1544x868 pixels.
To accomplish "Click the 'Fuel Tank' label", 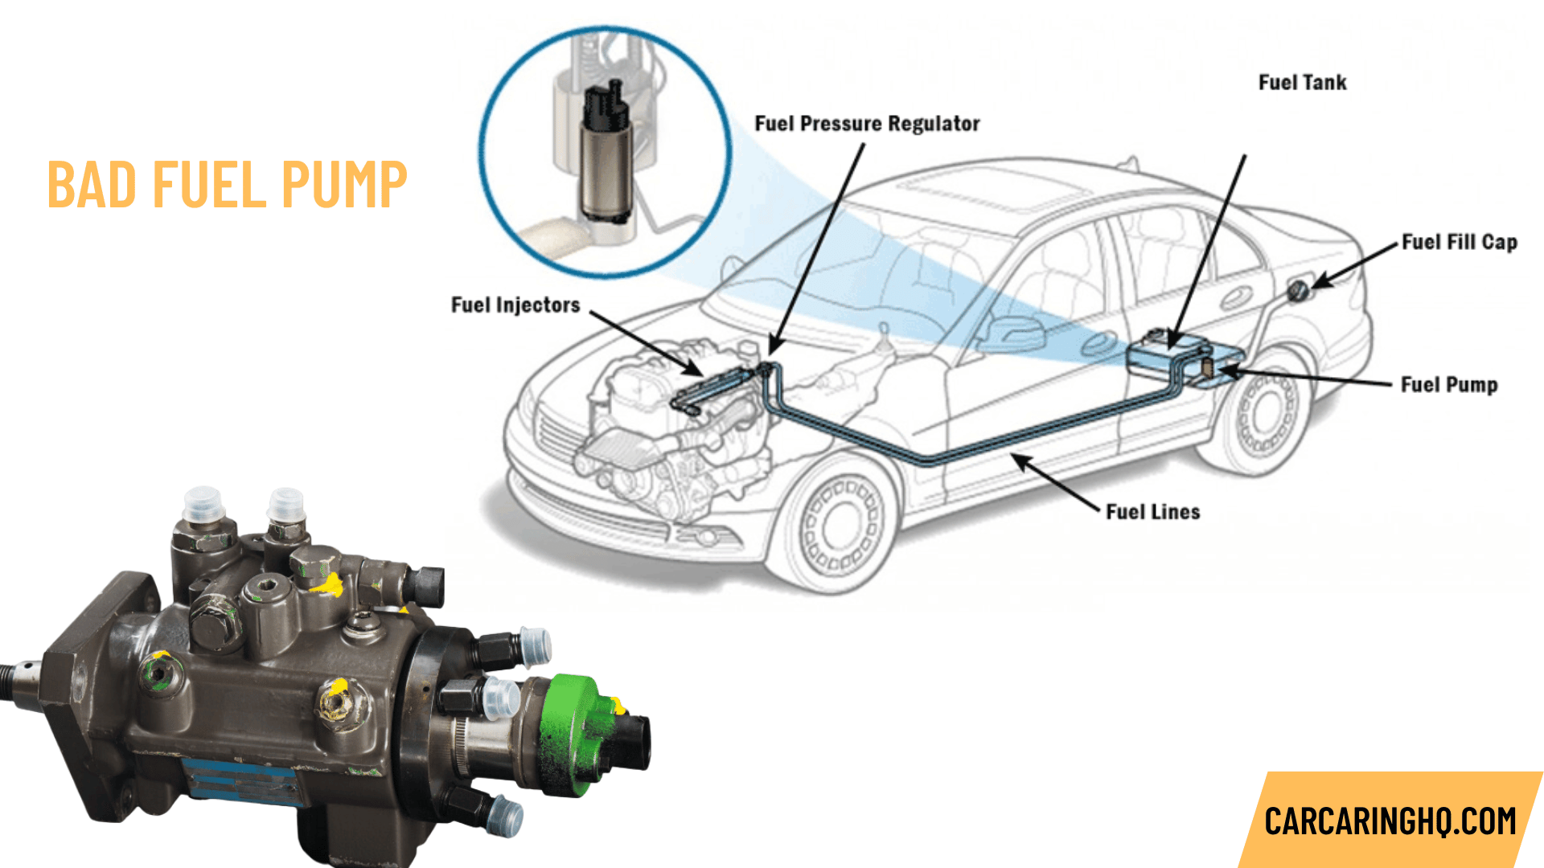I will (1302, 83).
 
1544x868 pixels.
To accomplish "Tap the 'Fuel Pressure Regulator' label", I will (867, 124).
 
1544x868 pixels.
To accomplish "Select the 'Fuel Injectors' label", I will (515, 305).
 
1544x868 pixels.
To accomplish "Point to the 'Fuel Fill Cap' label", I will (1459, 243).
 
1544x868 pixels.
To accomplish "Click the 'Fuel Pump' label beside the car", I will (1448, 385).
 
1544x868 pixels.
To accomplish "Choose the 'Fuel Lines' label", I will (1152, 512).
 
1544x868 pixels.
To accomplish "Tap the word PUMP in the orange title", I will (344, 185).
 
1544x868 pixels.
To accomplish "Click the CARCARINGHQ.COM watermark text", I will (1390, 821).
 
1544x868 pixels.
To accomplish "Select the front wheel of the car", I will (840, 526).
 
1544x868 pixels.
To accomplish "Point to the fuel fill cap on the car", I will (1297, 290).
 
